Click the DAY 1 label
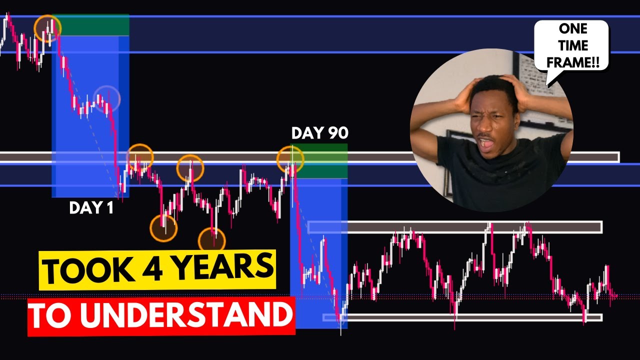[x=91, y=208]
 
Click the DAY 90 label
[x=319, y=133]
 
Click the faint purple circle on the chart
[x=107, y=98]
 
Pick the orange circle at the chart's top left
[x=47, y=28]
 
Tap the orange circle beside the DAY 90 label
[x=290, y=158]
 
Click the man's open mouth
[x=484, y=143]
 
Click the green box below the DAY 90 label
[x=320, y=161]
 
